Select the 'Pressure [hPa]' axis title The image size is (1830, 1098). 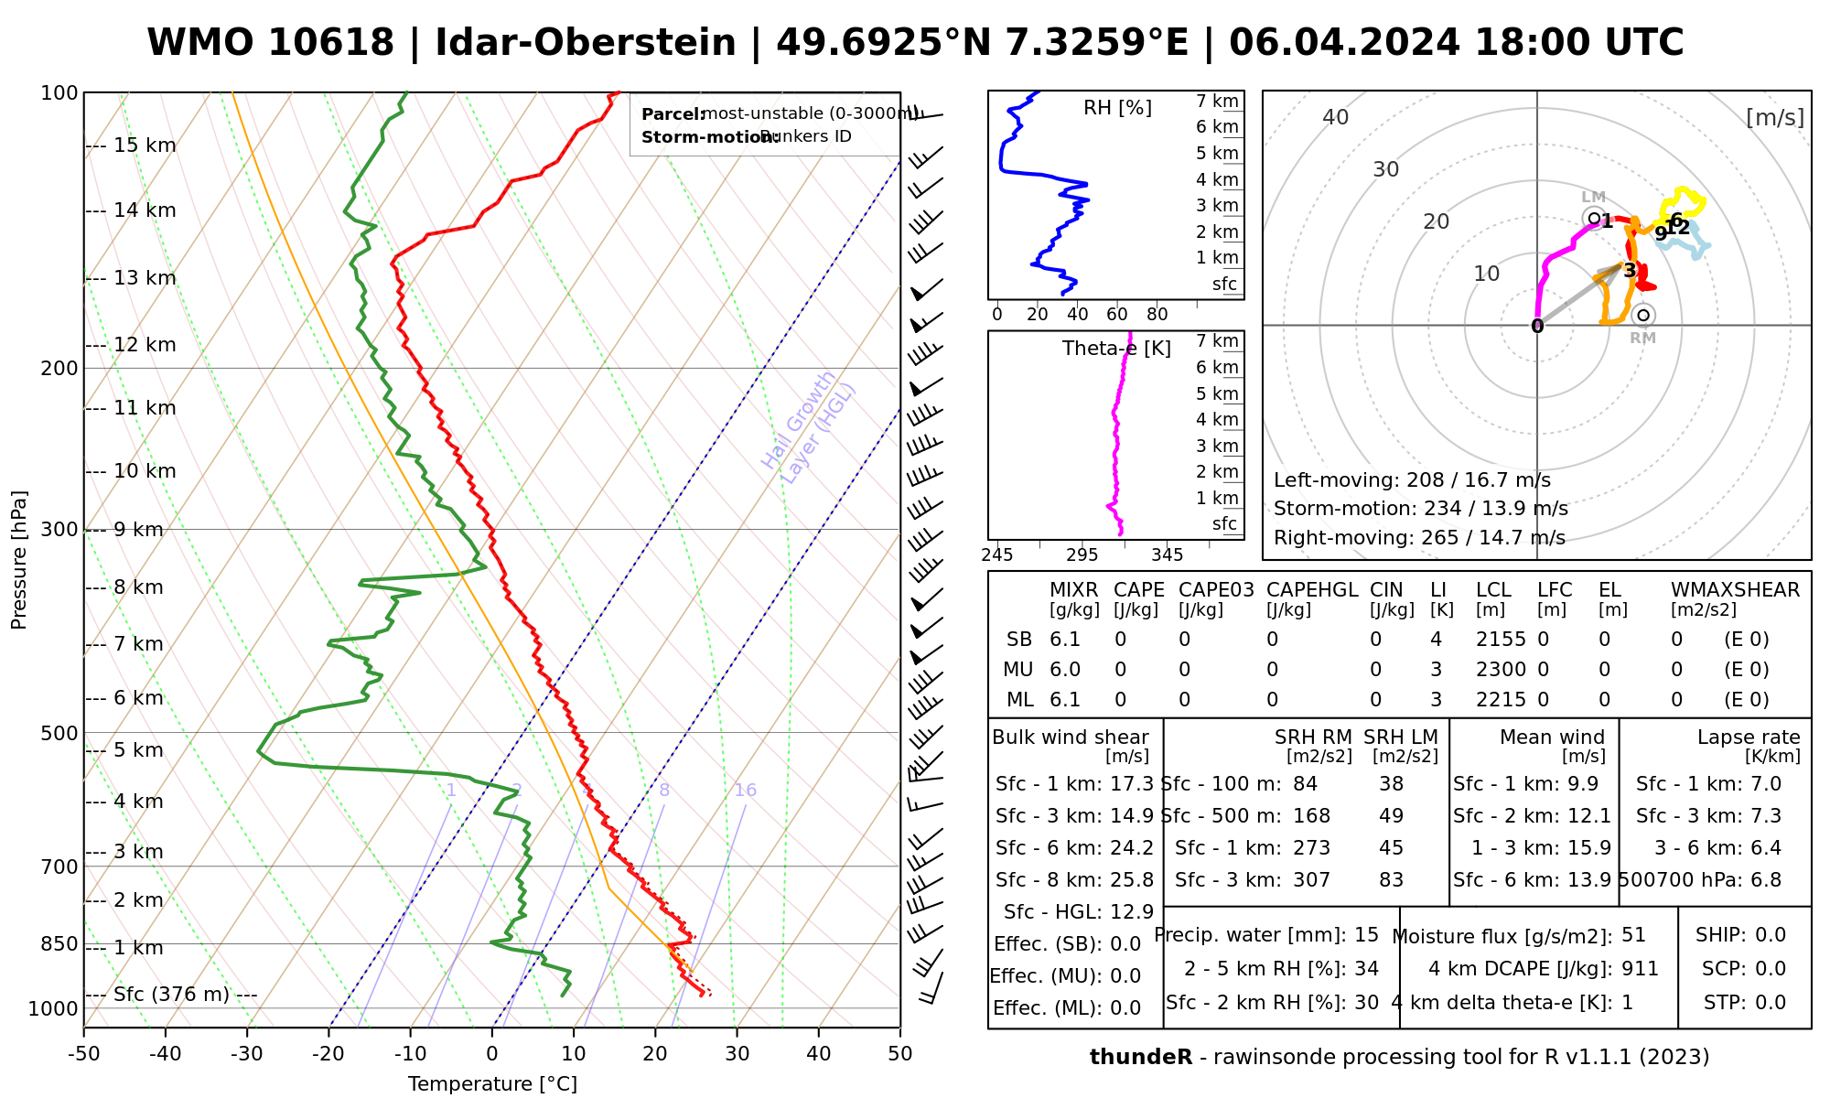19,560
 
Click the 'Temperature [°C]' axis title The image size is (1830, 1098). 492,1084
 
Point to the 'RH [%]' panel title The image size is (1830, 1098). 1117,108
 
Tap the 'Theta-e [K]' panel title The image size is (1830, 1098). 1116,349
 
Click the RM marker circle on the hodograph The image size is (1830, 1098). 1643,316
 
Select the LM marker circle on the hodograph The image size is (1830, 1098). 1594,218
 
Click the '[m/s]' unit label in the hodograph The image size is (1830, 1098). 1775,117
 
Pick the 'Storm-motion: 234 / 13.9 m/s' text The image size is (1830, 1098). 1421,509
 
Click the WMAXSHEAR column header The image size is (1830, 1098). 1735,590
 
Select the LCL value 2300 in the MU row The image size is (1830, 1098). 1501,670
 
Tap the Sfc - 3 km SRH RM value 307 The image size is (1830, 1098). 1311,880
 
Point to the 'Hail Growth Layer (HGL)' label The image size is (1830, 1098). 809,425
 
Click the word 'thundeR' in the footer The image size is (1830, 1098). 1141,1058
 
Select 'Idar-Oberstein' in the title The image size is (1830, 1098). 585,43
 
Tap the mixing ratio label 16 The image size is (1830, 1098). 745,791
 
